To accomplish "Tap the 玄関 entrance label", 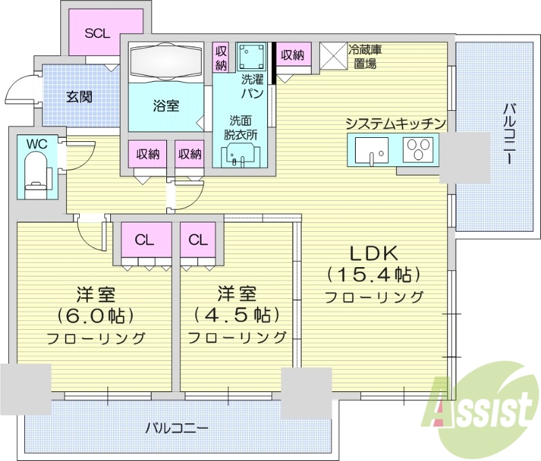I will [x=79, y=97].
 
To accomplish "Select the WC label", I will [x=37, y=143].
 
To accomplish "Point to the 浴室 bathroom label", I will [x=166, y=105].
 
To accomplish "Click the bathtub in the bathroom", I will [x=166, y=62].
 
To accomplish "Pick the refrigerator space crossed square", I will [x=332, y=56].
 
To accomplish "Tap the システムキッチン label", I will [x=396, y=123].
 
